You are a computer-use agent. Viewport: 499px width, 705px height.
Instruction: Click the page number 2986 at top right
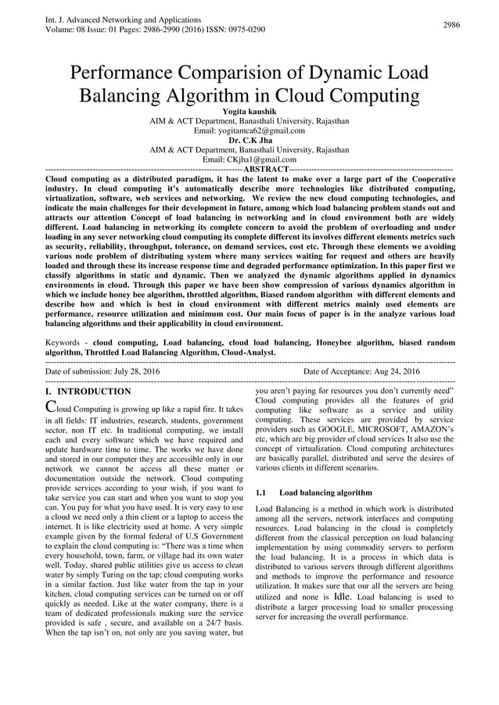pyautogui.click(x=451, y=25)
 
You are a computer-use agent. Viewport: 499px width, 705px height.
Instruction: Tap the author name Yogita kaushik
pyautogui.click(x=249, y=112)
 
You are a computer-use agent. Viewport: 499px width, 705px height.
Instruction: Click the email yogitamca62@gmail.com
pyautogui.click(x=249, y=131)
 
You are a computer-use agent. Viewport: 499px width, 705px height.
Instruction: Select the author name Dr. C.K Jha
pyautogui.click(x=249, y=140)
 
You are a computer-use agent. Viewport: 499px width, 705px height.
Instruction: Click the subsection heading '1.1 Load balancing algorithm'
pyautogui.click(x=314, y=493)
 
